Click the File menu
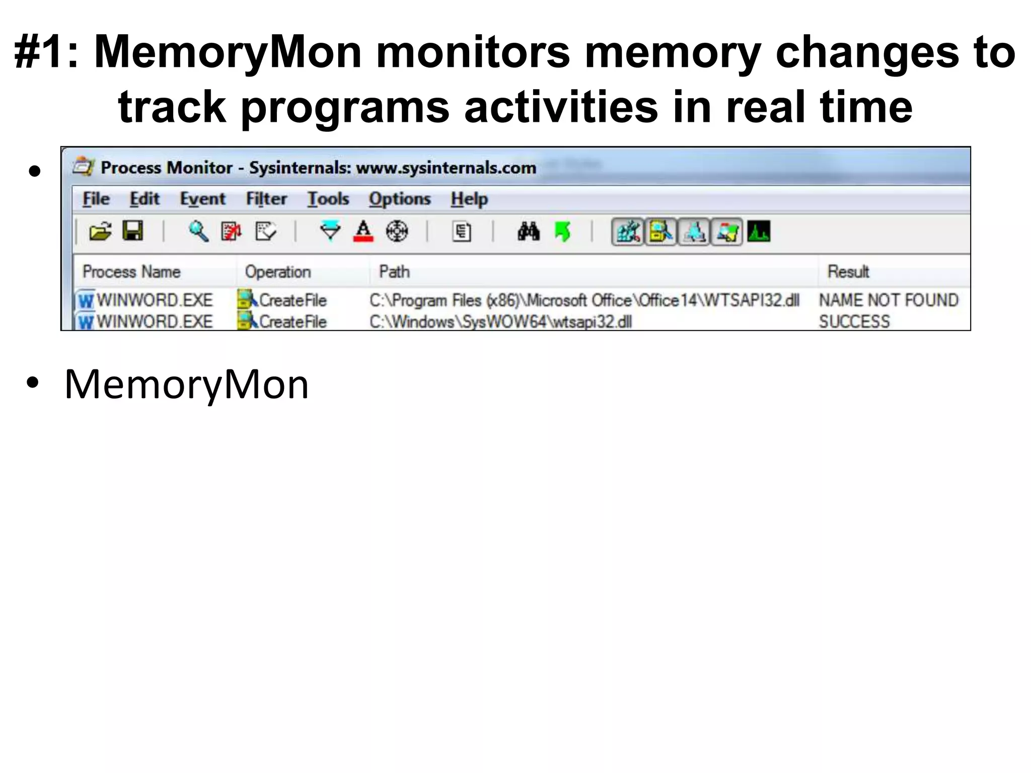pyautogui.click(x=96, y=199)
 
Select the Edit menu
pyautogui.click(x=144, y=199)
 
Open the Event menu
pyautogui.click(x=202, y=199)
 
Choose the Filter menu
pyautogui.click(x=266, y=199)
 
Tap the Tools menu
pyautogui.click(x=328, y=199)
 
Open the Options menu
pyautogui.click(x=400, y=199)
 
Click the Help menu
pyautogui.click(x=469, y=199)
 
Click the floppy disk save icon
pyautogui.click(x=133, y=231)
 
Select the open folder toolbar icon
pyautogui.click(x=100, y=232)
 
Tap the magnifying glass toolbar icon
pyautogui.click(x=198, y=232)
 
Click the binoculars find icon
pyautogui.click(x=529, y=232)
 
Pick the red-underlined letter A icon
pyautogui.click(x=363, y=232)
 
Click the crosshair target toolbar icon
pyautogui.click(x=397, y=232)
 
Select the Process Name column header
pyautogui.click(x=131, y=272)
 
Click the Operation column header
pyautogui.click(x=278, y=272)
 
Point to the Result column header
pyautogui.click(x=848, y=272)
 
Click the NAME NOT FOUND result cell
pyautogui.click(x=889, y=300)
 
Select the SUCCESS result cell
pyautogui.click(x=854, y=322)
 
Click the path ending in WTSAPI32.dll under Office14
pyautogui.click(x=584, y=300)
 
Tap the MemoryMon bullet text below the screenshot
pyautogui.click(x=186, y=384)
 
